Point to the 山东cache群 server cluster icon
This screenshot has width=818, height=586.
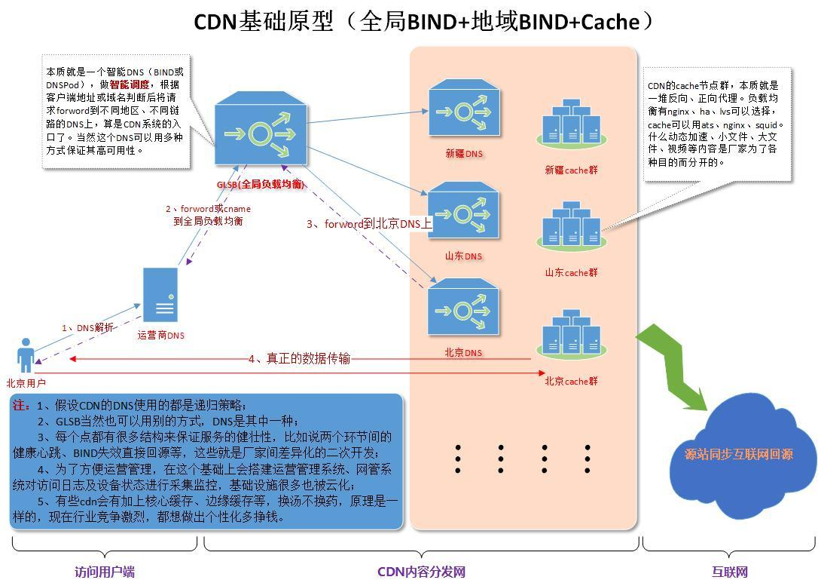(571, 226)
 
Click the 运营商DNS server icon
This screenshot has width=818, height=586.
(161, 296)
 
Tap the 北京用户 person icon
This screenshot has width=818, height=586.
(26, 355)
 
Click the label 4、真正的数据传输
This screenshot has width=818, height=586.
(299, 359)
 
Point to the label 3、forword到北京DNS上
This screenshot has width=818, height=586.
(369, 224)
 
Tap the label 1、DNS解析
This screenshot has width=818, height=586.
(88, 328)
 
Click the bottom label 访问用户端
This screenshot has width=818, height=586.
(105, 572)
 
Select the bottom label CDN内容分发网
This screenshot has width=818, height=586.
(421, 572)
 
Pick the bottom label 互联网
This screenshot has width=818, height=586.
(729, 572)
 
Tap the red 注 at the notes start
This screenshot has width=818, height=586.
(20, 405)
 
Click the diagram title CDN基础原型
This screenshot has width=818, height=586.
(263, 22)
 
